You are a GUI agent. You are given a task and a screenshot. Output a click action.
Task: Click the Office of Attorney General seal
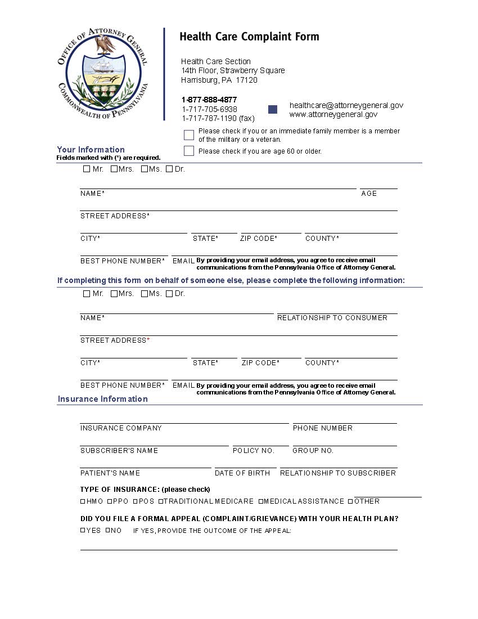(x=103, y=74)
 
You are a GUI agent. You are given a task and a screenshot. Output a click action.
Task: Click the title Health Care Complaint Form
(x=249, y=37)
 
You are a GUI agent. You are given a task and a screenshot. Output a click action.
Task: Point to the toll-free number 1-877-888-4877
(x=209, y=100)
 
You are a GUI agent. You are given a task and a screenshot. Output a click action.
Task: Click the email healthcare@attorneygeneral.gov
(x=346, y=105)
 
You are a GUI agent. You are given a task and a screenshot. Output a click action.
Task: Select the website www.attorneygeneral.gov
(x=333, y=114)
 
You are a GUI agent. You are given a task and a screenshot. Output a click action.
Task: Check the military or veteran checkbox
(x=189, y=135)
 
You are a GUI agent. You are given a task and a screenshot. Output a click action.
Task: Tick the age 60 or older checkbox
(x=189, y=151)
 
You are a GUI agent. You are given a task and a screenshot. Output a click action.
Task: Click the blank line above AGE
(x=378, y=185)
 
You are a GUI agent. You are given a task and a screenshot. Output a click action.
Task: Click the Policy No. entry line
(x=260, y=442)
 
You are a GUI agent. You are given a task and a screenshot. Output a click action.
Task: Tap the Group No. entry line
(x=344, y=442)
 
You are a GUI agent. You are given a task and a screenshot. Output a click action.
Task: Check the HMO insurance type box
(x=83, y=501)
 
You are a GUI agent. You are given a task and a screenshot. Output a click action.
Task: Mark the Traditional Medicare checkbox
(x=161, y=501)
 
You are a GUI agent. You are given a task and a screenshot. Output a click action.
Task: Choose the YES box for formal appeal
(x=83, y=530)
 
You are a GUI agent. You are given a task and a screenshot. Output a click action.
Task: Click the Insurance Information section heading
(x=103, y=399)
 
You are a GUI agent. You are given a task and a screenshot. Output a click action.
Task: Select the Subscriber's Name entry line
(x=154, y=442)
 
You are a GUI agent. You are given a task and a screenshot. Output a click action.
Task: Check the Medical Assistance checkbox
(x=260, y=501)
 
